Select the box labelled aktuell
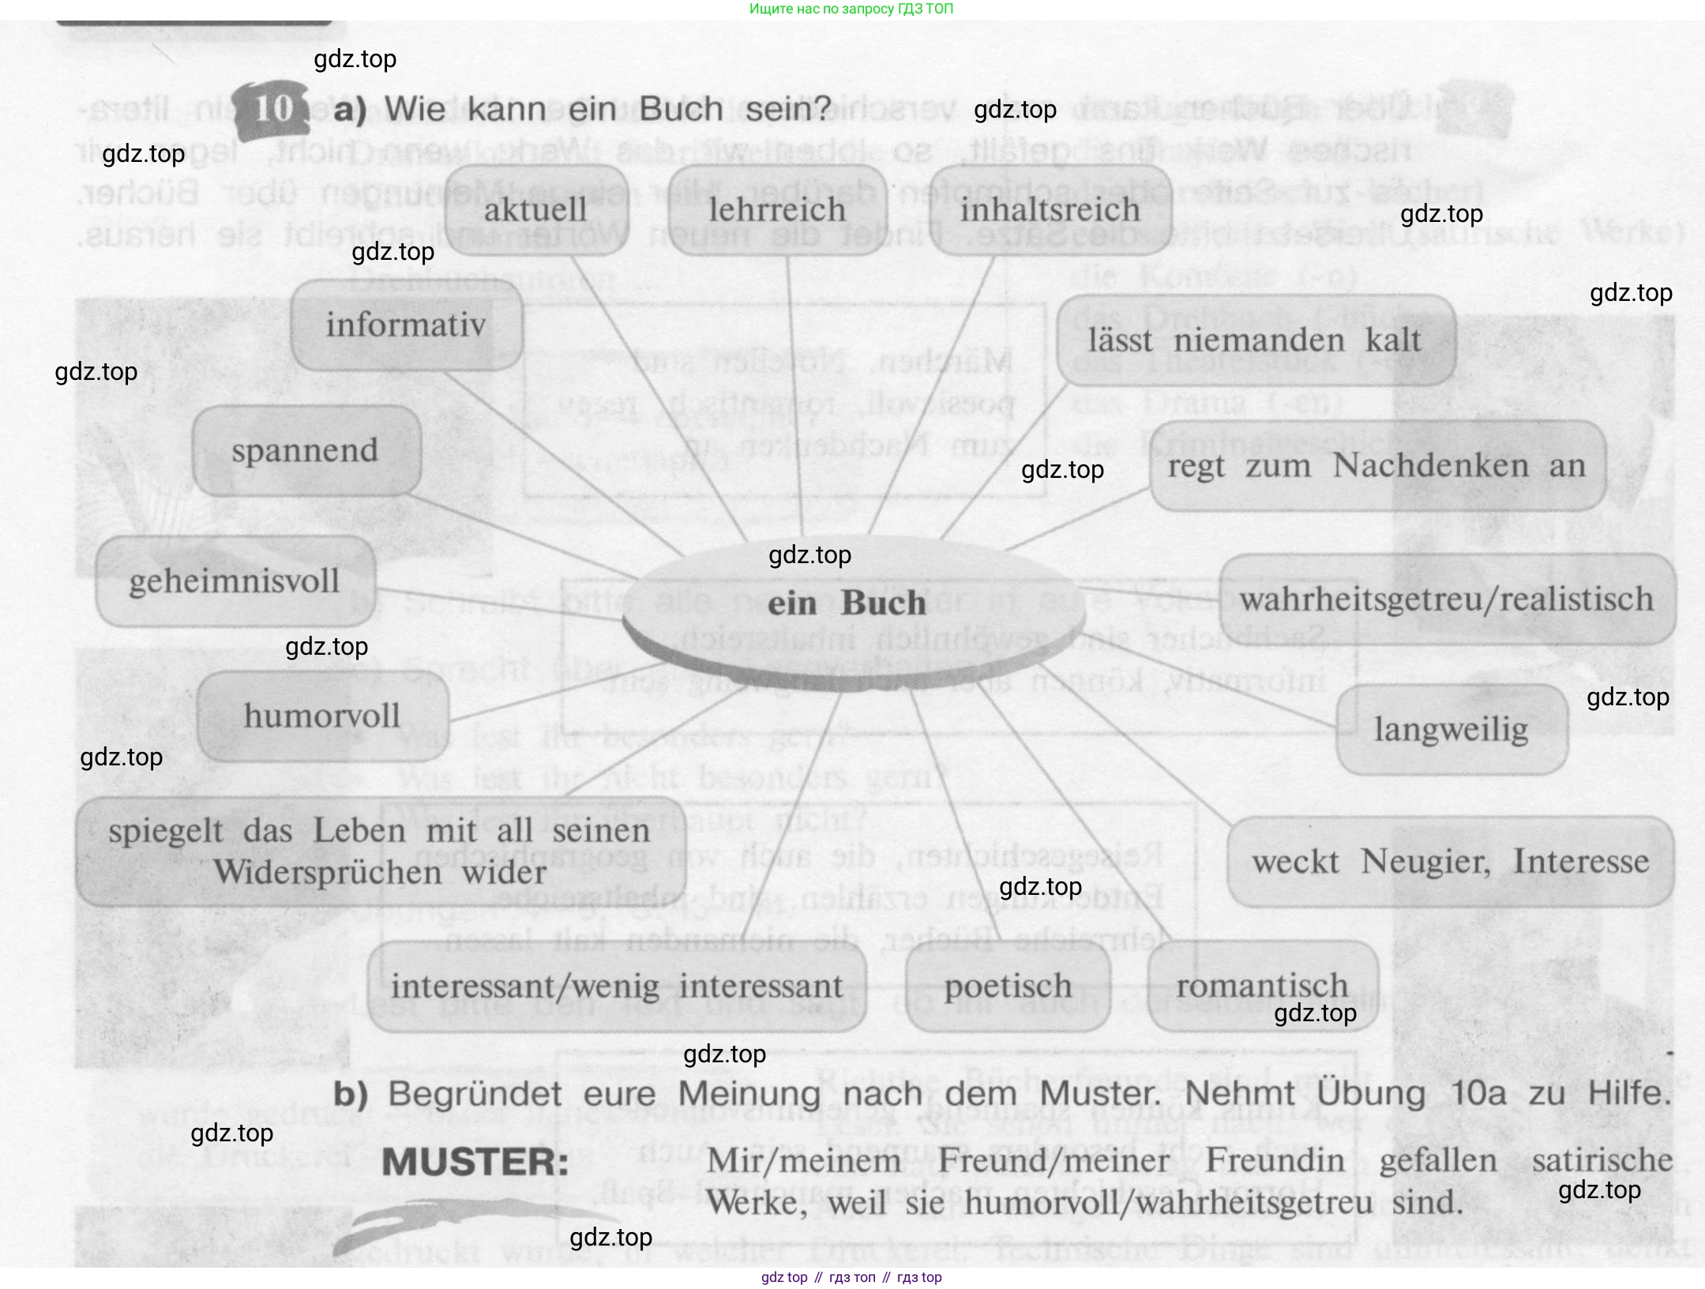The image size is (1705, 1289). tap(536, 210)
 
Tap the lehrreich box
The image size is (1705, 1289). tap(777, 210)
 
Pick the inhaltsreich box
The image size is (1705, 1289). tap(1050, 210)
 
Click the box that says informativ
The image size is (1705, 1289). tap(406, 325)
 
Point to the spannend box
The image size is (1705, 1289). tap(306, 451)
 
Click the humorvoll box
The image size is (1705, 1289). tap(322, 716)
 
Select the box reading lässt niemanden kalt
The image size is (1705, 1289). tap(1255, 340)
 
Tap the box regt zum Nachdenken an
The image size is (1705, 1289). tap(1376, 466)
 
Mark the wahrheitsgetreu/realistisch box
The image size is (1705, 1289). tap(1446, 599)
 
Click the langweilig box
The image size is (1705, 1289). tap(1452, 729)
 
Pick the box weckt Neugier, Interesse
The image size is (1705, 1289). tap(1450, 862)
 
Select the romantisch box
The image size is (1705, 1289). tap(1262, 986)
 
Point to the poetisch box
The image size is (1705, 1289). tap(1008, 986)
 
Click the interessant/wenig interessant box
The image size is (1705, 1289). tap(617, 986)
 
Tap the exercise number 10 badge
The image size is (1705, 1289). tap(273, 109)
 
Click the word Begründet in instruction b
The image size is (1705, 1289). tap(475, 1095)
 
